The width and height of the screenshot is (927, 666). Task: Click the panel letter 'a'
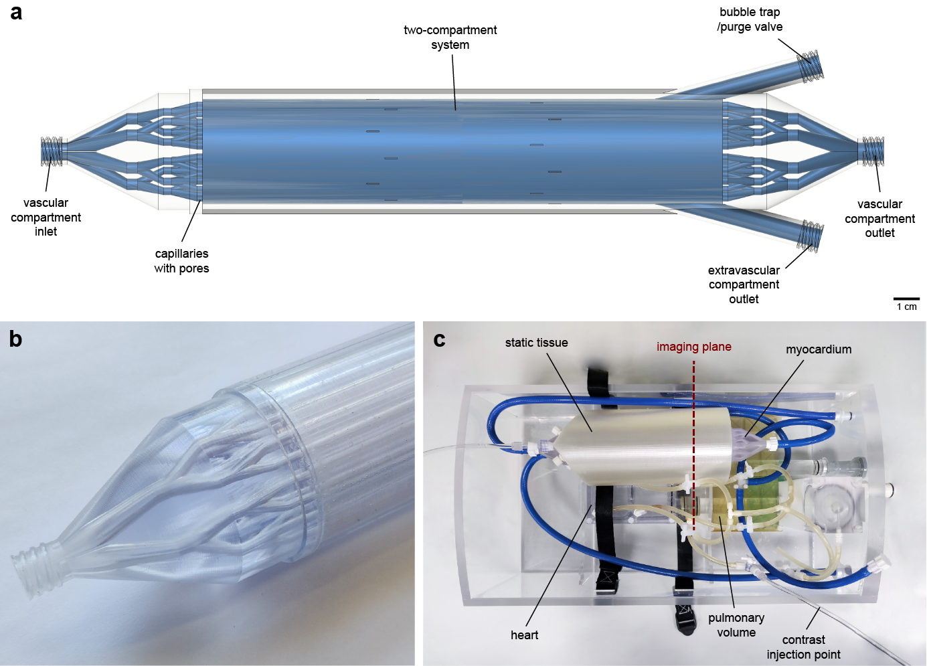click(16, 13)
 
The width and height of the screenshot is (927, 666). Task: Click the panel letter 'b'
click(15, 339)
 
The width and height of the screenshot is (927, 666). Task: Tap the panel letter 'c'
click(439, 340)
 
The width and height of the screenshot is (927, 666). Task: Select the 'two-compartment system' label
click(450, 37)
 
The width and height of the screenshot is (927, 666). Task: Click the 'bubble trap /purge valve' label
click(750, 19)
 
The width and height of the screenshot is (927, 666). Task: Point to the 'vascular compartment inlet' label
click(46, 217)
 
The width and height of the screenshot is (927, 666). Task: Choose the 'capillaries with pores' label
click(181, 261)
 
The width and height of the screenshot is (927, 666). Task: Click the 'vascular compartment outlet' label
click(879, 218)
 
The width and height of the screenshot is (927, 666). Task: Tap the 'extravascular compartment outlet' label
click(744, 284)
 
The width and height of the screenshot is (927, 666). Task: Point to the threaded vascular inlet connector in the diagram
click(52, 151)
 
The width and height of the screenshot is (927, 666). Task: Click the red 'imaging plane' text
click(693, 347)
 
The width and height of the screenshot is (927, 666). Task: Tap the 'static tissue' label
click(536, 343)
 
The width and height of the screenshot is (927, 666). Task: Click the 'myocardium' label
click(818, 349)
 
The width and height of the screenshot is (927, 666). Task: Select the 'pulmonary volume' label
click(736, 625)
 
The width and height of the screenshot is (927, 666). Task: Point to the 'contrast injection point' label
click(803, 647)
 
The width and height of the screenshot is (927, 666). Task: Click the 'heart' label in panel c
click(524, 635)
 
